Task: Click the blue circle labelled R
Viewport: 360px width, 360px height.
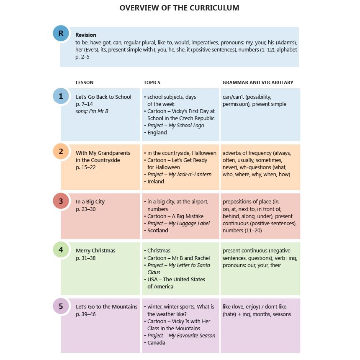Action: tap(61, 33)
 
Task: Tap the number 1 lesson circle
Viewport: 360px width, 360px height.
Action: tap(61, 96)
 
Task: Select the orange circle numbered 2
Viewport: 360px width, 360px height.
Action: tap(61, 152)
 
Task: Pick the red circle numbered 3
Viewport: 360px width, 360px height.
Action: tap(61, 201)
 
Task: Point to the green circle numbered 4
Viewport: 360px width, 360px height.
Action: tap(61, 250)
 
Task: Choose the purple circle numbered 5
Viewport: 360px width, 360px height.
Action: tap(61, 306)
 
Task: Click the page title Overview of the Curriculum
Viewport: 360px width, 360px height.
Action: tap(180, 8)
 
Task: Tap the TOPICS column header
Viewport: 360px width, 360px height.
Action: tap(152, 82)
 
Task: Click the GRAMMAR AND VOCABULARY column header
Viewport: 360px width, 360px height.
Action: tap(258, 82)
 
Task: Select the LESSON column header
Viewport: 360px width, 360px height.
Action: tap(85, 82)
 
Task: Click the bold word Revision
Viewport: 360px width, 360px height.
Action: tap(86, 35)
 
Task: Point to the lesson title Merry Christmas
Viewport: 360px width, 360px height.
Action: tap(95, 251)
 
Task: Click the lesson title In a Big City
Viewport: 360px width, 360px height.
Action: tap(90, 202)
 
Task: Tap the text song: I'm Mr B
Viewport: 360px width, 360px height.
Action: tap(92, 111)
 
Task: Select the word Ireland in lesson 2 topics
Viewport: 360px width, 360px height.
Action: tap(156, 182)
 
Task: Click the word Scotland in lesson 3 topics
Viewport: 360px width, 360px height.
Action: tap(158, 231)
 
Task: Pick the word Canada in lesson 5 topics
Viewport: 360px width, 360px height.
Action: tap(157, 343)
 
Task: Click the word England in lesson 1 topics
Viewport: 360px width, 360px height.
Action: tap(157, 133)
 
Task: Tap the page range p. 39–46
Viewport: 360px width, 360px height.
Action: tap(86, 314)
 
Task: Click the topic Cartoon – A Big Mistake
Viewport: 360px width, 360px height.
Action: tap(175, 216)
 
